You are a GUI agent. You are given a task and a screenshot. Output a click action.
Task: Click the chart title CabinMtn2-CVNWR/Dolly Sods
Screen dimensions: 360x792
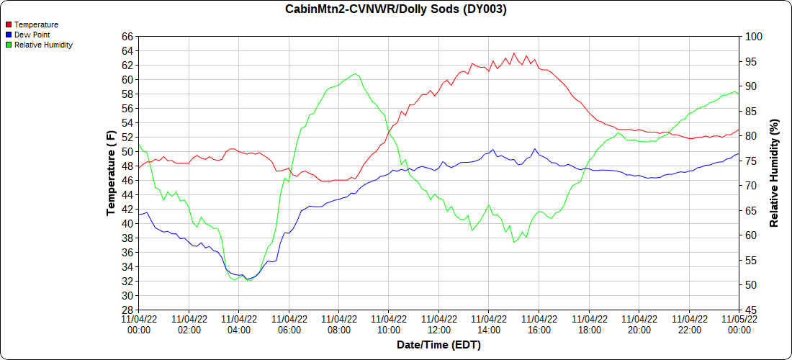(x=395, y=9)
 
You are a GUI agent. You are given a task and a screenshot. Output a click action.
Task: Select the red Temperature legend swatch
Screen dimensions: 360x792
(x=9, y=24)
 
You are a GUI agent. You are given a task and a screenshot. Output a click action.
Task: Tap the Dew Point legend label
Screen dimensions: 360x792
(x=32, y=35)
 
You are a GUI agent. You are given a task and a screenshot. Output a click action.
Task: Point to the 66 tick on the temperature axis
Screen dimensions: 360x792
(x=127, y=36)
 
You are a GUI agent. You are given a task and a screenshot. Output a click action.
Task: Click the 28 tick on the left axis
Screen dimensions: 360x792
(x=127, y=310)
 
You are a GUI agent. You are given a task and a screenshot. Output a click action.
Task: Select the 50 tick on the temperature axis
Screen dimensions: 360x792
(x=127, y=151)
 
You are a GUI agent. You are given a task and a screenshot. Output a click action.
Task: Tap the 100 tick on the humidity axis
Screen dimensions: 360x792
(x=752, y=36)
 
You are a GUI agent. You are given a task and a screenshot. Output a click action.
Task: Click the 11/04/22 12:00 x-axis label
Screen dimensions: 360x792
(x=438, y=325)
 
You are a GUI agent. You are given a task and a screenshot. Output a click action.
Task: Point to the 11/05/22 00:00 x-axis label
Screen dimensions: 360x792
(x=739, y=325)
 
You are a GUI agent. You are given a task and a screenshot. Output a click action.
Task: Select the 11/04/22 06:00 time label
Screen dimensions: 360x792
(x=289, y=325)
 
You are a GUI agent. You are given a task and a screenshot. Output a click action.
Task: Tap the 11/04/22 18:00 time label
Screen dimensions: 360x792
(x=589, y=325)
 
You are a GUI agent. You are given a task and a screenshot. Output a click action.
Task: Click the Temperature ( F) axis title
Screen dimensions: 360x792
(x=111, y=173)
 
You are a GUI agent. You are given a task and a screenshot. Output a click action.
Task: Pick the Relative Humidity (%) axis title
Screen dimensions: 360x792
(x=775, y=173)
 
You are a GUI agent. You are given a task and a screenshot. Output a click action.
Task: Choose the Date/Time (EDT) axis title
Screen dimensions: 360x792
(x=438, y=345)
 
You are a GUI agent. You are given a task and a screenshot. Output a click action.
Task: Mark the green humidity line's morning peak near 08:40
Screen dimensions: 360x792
(x=355, y=73)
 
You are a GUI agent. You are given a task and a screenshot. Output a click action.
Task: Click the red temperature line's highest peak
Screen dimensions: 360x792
(x=513, y=53)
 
